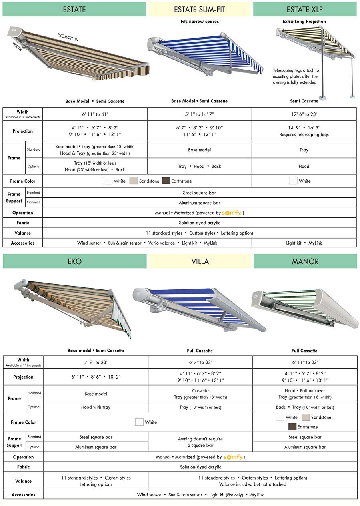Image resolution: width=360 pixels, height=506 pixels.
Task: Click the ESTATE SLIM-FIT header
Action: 199,9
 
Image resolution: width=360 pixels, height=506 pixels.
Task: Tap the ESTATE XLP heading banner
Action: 304,9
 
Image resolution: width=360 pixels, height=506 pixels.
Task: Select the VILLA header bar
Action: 200,261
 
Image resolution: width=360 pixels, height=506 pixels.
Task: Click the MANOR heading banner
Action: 305,261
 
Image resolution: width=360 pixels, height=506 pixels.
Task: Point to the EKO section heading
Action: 74,261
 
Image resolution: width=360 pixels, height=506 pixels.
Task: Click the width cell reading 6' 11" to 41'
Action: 95,114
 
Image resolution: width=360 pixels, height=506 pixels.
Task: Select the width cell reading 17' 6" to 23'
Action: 304,114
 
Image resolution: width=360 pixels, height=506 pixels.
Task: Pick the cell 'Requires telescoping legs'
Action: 304,135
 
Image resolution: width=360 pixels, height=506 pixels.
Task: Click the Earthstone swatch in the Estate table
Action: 166,181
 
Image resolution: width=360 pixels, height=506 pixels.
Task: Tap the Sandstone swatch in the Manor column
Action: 306,417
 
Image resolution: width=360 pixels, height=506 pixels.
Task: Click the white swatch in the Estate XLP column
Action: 293,181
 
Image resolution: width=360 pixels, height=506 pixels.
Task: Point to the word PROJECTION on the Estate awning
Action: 68,37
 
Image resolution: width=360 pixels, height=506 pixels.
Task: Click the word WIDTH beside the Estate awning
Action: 17,47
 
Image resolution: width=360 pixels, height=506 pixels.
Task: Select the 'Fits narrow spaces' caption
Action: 200,21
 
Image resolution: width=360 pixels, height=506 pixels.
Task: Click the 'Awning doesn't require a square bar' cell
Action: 200,442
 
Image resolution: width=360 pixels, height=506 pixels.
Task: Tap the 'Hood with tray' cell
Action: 96,407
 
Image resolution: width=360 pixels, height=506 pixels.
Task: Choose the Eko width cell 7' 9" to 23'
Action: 96,362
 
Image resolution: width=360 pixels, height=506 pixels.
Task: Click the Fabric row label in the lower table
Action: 23,467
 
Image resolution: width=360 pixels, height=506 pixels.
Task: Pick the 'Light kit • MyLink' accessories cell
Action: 304,243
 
